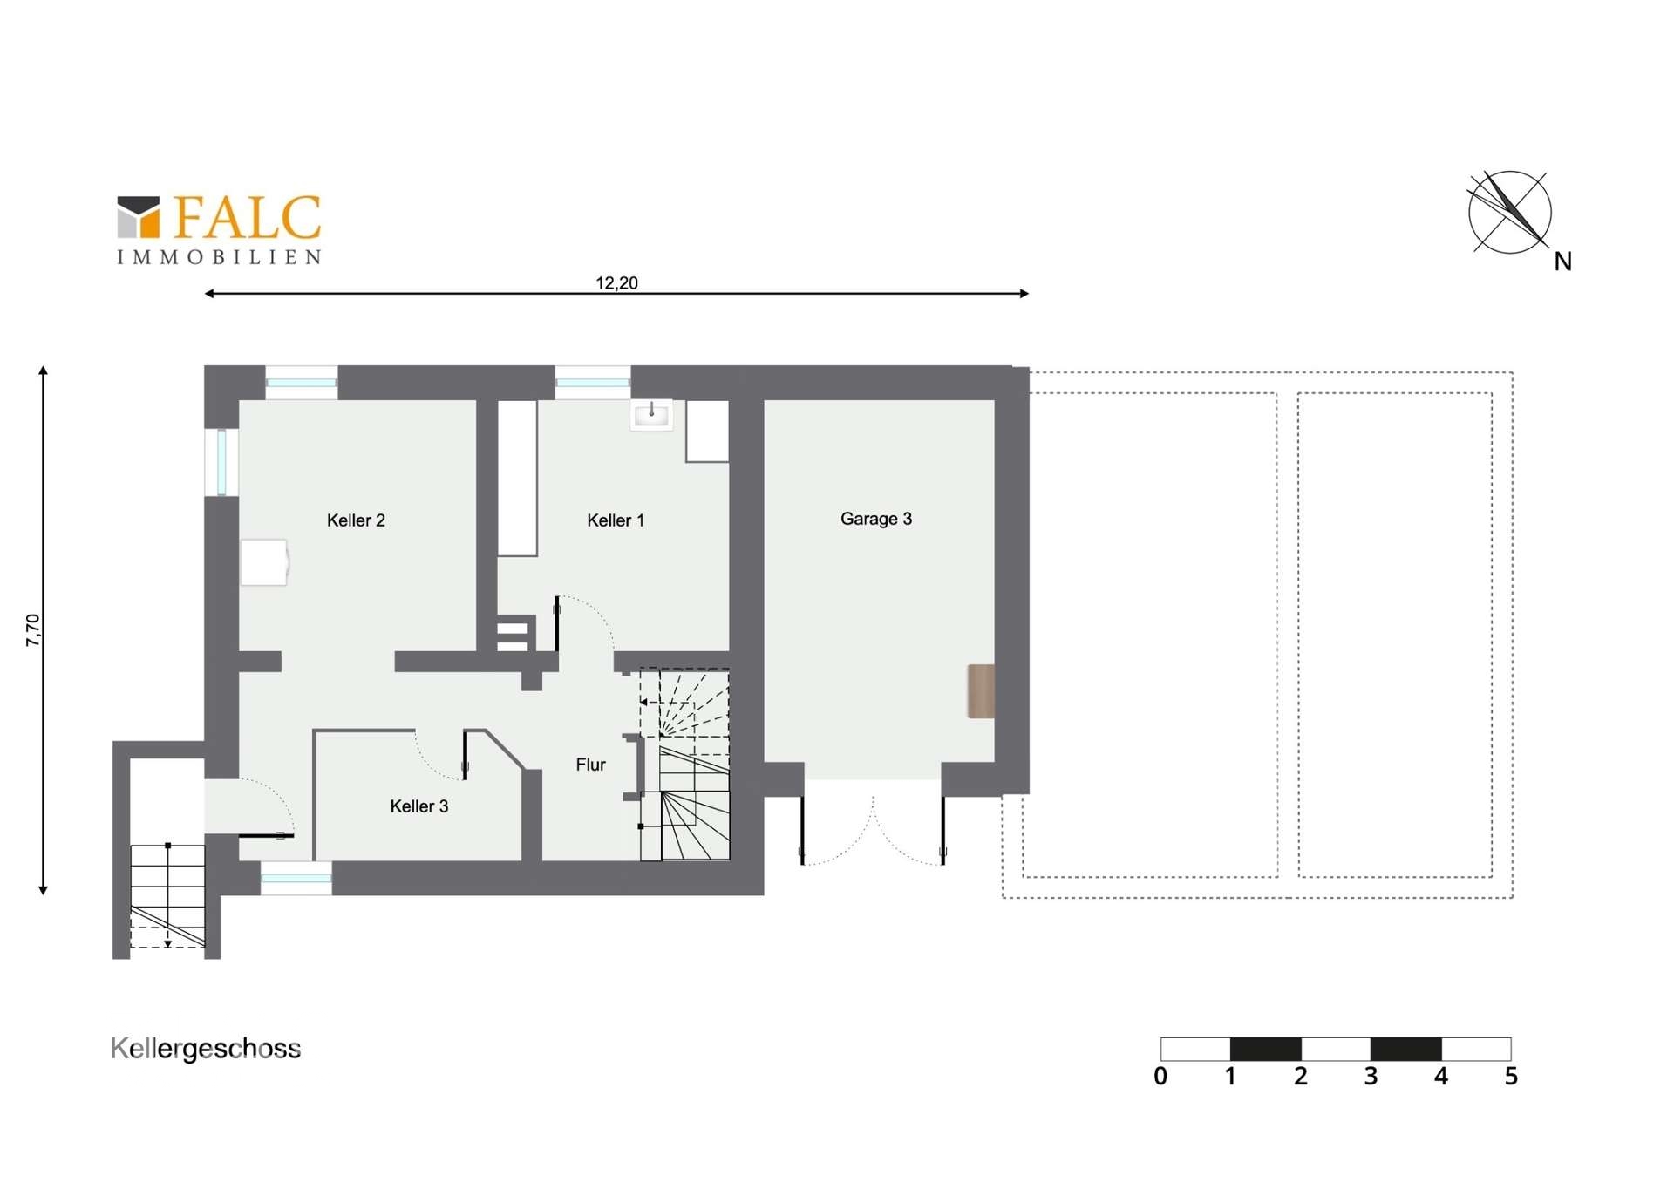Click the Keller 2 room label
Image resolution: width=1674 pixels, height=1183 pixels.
356,520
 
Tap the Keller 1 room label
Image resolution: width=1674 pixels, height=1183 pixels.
616,520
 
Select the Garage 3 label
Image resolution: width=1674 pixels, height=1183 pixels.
876,519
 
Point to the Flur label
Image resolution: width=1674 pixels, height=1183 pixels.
590,765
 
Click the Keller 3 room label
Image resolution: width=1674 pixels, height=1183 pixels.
419,806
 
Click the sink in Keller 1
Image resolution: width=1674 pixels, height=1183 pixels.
652,415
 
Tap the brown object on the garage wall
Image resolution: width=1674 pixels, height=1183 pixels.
981,691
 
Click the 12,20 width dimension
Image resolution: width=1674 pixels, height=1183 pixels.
616,283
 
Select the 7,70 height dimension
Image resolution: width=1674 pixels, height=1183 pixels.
33,630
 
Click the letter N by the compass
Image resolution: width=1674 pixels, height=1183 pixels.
1563,262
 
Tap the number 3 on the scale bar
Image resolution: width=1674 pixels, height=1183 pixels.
1371,1077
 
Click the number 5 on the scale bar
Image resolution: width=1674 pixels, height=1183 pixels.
1511,1077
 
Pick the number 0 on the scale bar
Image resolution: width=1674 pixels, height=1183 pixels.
1160,1077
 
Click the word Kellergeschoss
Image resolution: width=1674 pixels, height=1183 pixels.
206,1049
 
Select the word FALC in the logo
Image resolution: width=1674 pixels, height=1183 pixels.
248,217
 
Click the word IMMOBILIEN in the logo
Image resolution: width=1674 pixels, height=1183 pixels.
220,257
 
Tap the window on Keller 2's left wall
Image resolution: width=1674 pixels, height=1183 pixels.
221,461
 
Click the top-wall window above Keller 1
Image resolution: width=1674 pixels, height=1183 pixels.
593,382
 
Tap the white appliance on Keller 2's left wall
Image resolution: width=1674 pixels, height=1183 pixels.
264,562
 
